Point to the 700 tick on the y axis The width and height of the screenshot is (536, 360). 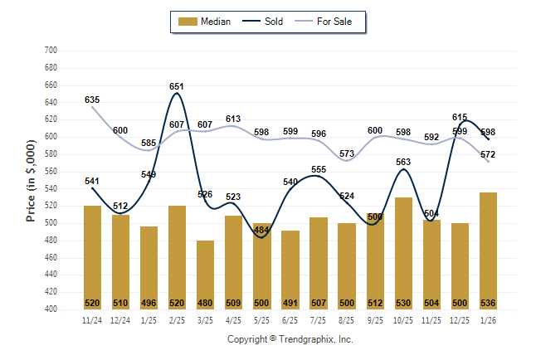49,51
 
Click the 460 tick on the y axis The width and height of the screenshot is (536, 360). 49,258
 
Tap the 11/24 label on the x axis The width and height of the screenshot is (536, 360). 92,319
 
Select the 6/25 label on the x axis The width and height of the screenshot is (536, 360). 290,319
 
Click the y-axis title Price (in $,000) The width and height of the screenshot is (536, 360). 31,180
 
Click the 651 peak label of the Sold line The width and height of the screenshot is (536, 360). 176,86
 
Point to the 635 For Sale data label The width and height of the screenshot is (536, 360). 92,100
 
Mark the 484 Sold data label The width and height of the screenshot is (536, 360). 261,230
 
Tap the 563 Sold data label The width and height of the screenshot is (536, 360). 403,163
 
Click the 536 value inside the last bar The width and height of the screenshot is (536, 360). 488,303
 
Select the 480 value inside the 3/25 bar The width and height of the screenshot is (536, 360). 204,303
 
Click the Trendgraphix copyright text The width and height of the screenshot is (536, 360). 290,339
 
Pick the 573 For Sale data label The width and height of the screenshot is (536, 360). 346,153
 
